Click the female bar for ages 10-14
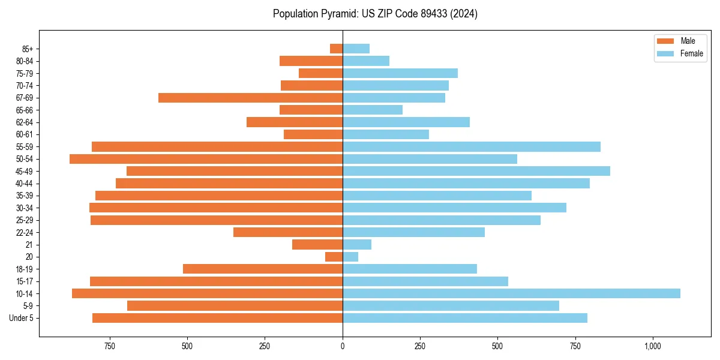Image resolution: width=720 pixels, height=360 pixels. tap(511, 293)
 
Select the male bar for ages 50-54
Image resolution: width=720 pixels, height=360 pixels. tap(206, 159)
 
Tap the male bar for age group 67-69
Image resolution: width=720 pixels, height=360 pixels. tap(250, 98)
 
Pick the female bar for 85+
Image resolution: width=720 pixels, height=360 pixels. tap(356, 49)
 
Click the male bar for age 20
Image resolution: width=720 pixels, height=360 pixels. tap(334, 257)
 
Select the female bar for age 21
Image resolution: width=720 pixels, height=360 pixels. tap(357, 244)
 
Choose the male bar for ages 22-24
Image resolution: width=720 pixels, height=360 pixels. tap(288, 232)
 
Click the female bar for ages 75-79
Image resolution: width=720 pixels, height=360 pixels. tap(400, 73)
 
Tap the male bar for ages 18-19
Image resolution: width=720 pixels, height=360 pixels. tap(263, 269)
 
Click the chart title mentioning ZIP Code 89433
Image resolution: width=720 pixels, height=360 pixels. tap(375, 14)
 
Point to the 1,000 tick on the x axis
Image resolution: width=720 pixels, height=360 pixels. tap(652, 346)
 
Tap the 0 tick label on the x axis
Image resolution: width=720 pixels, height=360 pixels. tap(343, 346)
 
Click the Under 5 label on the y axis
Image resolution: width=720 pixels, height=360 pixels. tap(22, 318)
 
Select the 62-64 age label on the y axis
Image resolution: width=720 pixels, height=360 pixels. tap(25, 122)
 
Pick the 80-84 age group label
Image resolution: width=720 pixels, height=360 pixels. tap(25, 61)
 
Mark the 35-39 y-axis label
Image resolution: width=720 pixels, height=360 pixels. tap(25, 196)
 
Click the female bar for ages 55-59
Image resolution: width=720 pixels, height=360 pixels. tap(472, 146)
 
